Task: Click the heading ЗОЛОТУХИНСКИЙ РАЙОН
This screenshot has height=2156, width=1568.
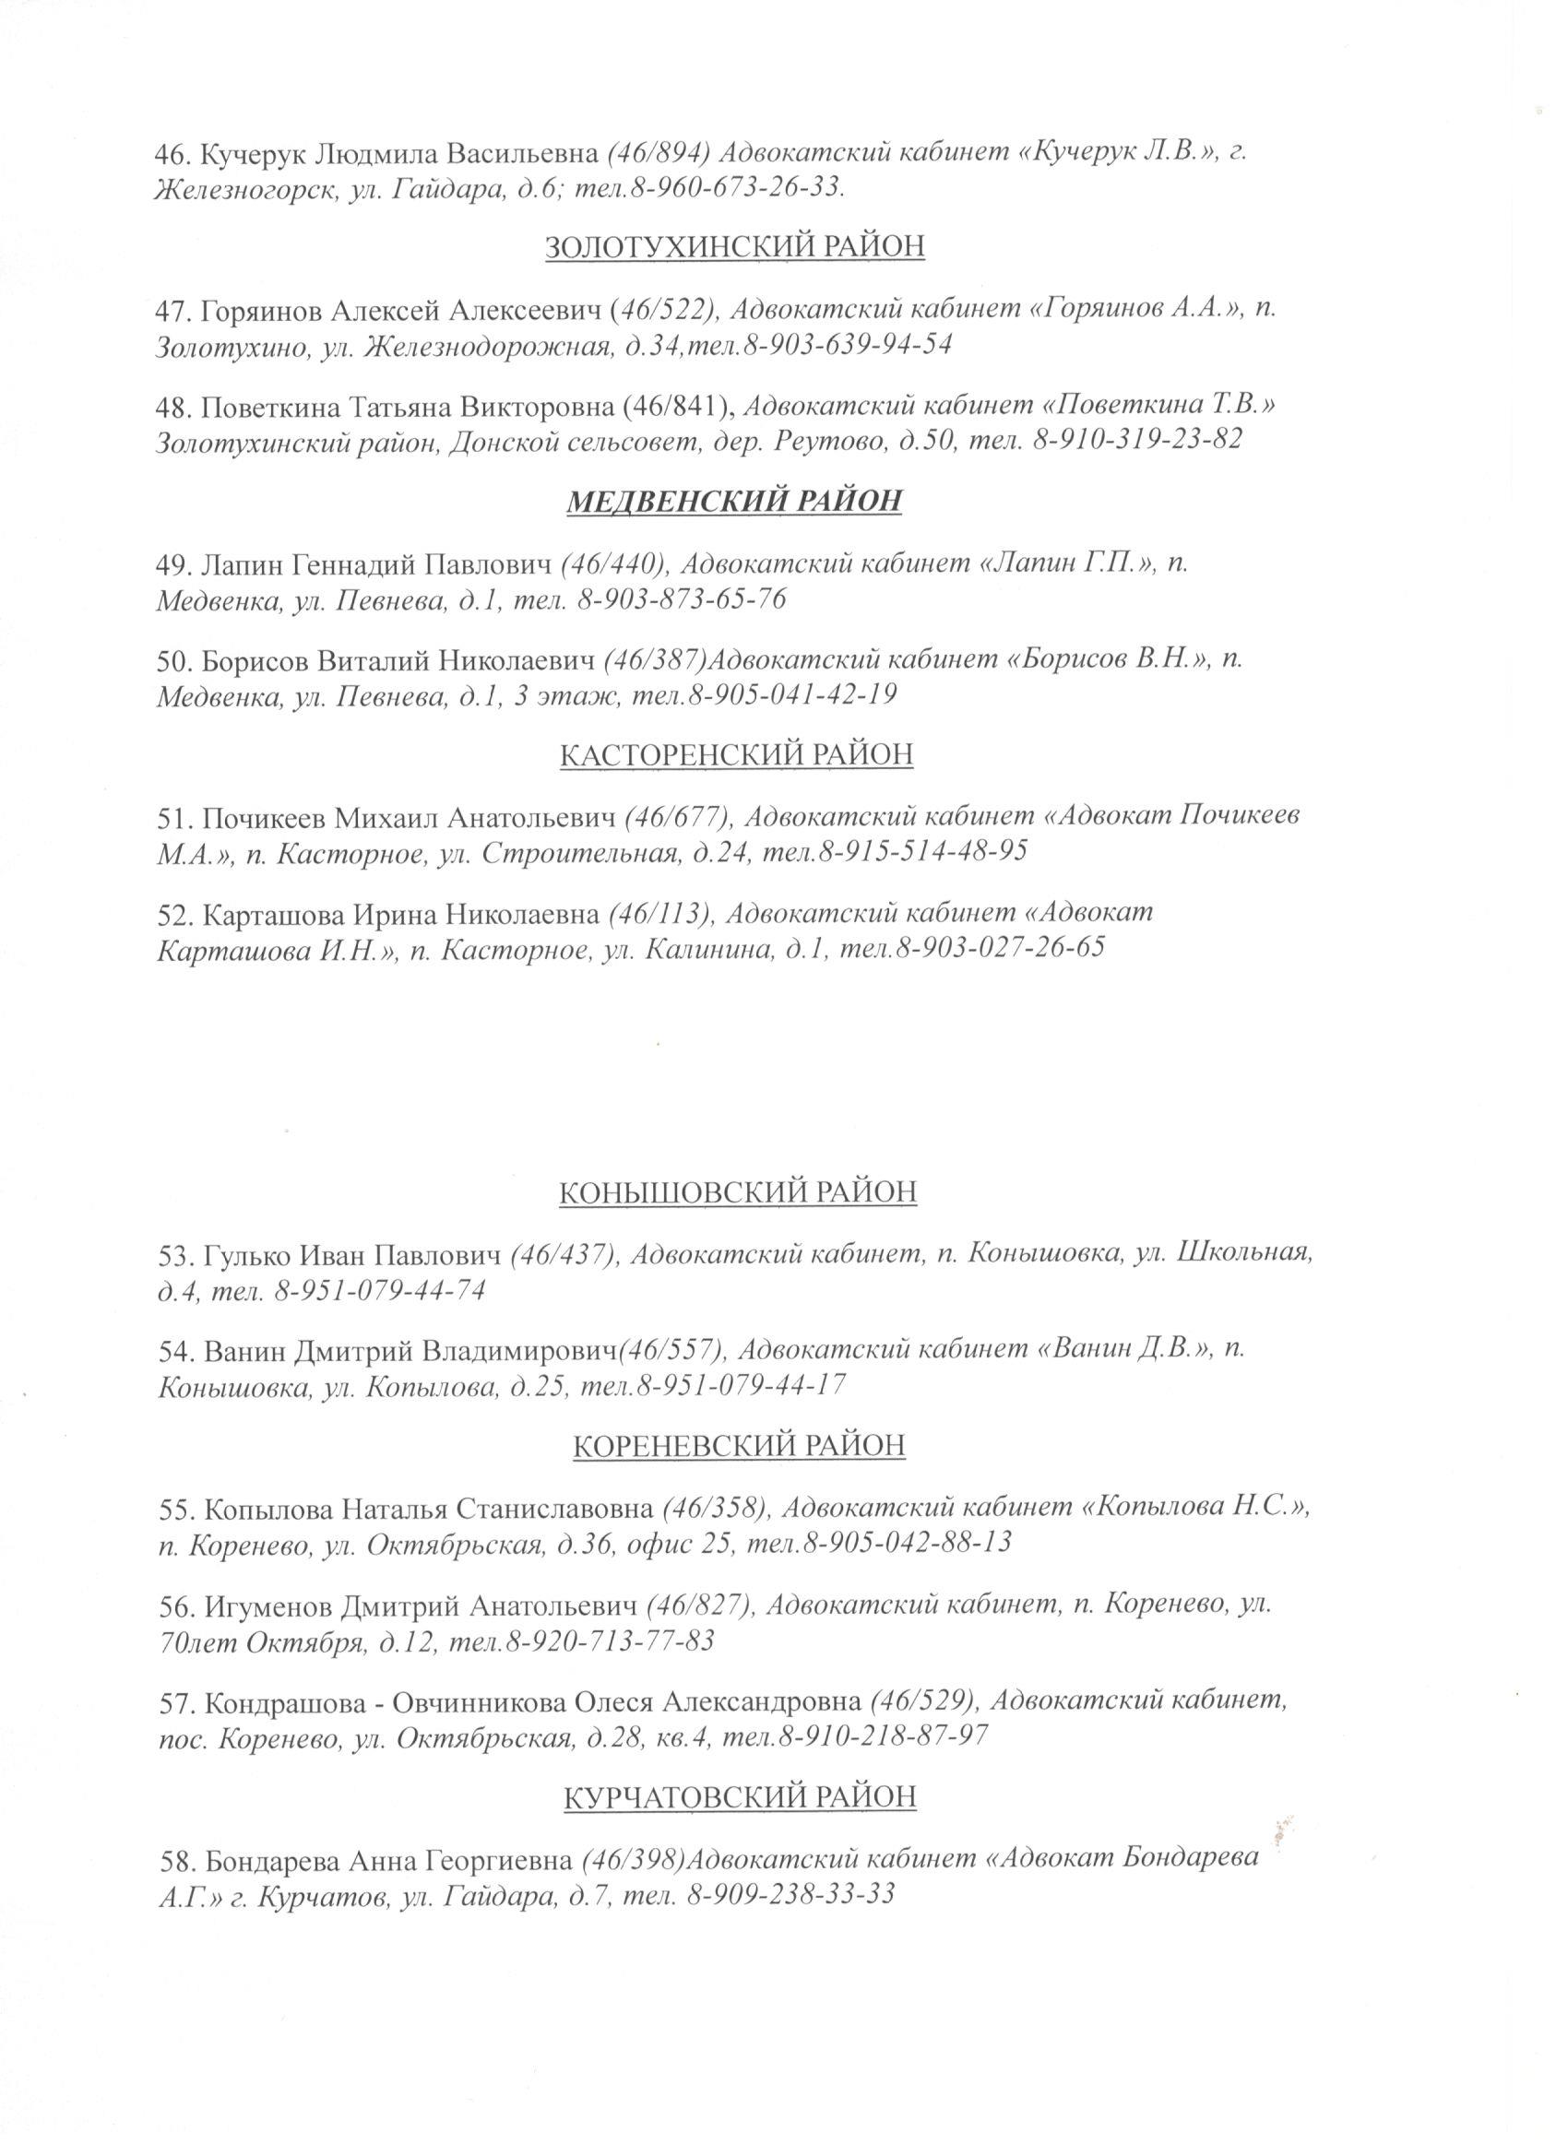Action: click(x=735, y=247)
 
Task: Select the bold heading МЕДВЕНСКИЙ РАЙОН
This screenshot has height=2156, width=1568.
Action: click(x=734, y=501)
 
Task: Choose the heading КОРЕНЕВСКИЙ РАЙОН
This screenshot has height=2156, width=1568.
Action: click(x=739, y=1445)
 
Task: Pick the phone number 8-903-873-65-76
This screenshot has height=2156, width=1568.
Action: click(x=681, y=599)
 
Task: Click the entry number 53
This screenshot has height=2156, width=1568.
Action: click(x=174, y=1255)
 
